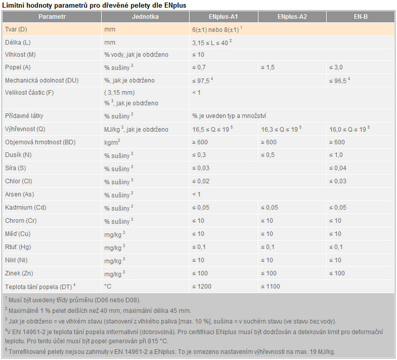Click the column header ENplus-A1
coord(223,16)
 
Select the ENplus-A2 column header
coord(292,16)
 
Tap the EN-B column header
coord(360,16)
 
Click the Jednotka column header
coord(145,16)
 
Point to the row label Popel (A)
coord(19,67)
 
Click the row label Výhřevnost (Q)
coord(25,129)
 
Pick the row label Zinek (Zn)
coord(20,273)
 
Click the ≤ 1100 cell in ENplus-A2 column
coord(271,287)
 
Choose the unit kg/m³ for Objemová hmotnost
coord(112,142)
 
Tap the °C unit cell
coord(108,287)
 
